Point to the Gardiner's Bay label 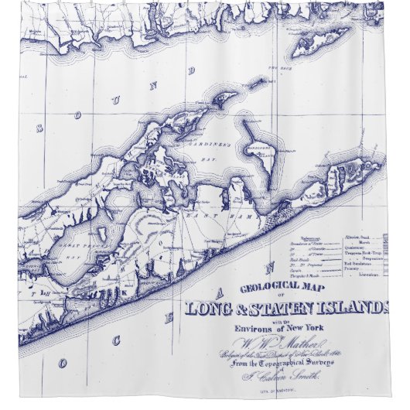(198, 144)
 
